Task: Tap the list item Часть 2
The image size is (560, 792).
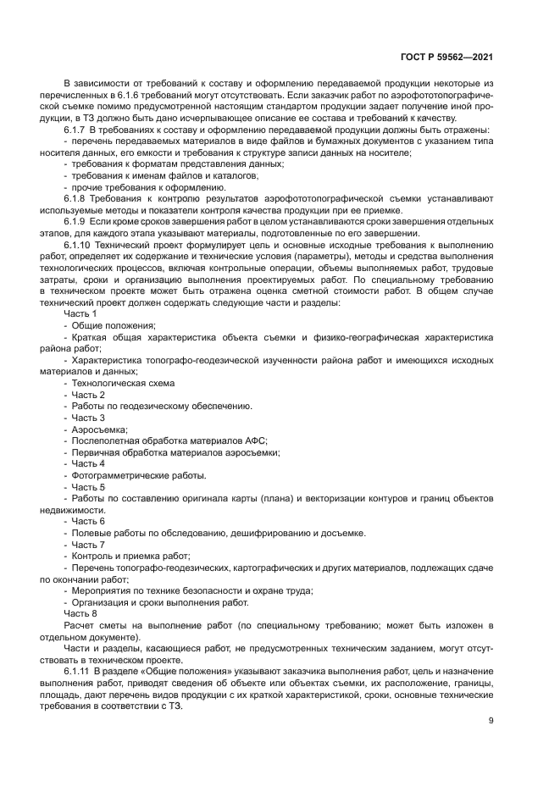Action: point(88,395)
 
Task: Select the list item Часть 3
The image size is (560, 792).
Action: point(88,418)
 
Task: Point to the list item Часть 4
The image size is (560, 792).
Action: point(88,463)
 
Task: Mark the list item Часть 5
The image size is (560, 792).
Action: point(88,487)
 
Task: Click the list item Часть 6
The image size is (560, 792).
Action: point(88,521)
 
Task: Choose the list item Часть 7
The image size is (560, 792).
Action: point(88,544)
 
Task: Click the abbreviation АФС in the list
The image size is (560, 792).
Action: point(255,440)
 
